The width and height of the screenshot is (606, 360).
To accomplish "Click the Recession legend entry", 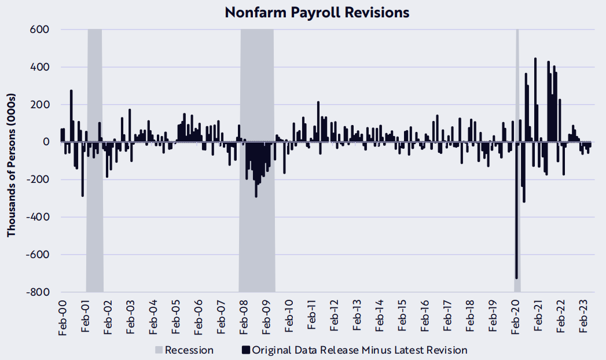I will (183, 350).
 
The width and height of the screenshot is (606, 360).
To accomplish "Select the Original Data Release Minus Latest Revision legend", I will (354, 350).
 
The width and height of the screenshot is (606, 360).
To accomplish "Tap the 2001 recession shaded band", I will (95, 220).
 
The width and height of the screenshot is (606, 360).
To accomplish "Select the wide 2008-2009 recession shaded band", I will (256, 232).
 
